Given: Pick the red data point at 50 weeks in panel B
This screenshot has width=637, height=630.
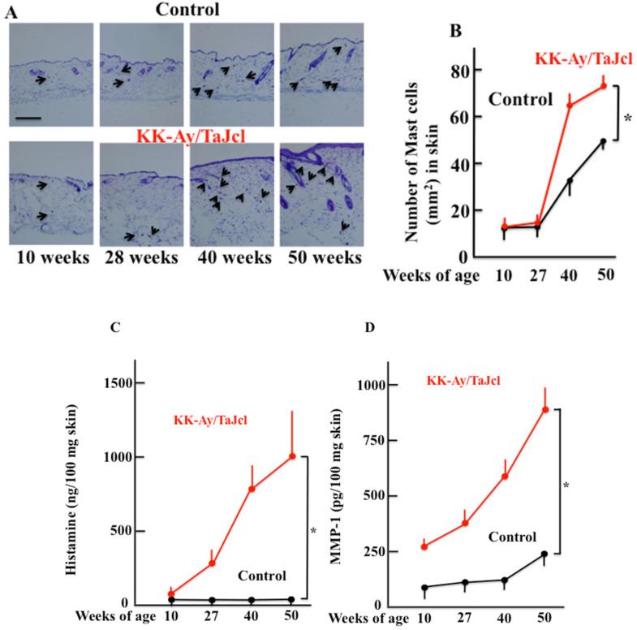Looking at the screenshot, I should tap(603, 85).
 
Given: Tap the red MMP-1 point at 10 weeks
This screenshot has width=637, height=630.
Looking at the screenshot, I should tap(424, 546).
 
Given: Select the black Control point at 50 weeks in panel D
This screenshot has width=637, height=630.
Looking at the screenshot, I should tap(544, 554).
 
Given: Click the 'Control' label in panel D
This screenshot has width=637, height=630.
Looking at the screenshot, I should tap(511, 537).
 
